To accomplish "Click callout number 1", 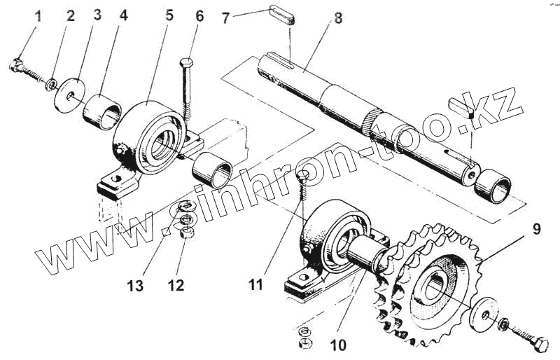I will coord(39,16).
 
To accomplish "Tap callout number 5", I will coord(169,16).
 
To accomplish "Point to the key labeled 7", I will coord(283,15).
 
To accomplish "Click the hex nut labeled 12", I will coord(185,234).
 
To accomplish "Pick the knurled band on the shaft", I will coord(372,125).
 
